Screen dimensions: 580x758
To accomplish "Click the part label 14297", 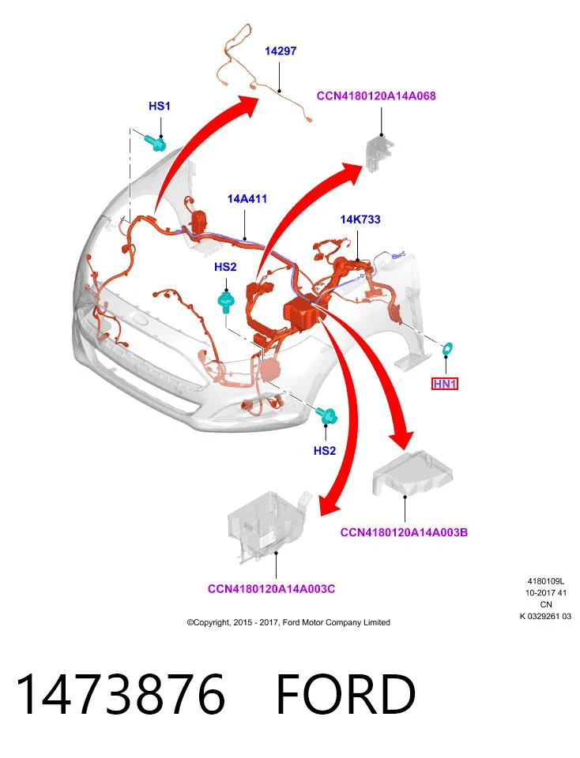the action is (x=281, y=51).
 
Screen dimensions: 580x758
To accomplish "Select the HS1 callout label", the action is (x=160, y=106).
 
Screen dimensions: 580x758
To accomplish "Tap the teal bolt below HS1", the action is (x=156, y=142).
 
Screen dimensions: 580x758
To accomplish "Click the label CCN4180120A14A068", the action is (x=376, y=96).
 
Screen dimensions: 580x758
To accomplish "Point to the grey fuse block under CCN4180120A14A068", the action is (x=380, y=153).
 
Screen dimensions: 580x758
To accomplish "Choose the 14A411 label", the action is (x=247, y=199).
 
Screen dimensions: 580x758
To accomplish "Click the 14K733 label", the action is (x=360, y=220).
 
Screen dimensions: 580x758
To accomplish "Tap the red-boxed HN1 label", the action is (x=445, y=384).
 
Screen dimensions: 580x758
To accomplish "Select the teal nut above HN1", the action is (x=448, y=348).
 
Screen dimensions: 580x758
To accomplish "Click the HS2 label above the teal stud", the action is (x=225, y=267).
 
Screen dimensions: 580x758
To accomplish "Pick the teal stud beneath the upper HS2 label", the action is (x=226, y=301).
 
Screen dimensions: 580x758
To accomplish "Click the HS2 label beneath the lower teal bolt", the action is (x=325, y=451).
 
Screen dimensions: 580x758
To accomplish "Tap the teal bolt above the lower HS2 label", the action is (x=327, y=416).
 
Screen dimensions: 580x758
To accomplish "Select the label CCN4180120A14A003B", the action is (x=404, y=532).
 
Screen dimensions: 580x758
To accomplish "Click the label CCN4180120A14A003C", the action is (x=271, y=589).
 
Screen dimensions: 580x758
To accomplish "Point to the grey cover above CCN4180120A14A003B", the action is (x=412, y=474).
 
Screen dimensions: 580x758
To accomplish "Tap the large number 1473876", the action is (x=121, y=694).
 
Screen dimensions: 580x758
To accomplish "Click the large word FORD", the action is (x=346, y=694).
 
